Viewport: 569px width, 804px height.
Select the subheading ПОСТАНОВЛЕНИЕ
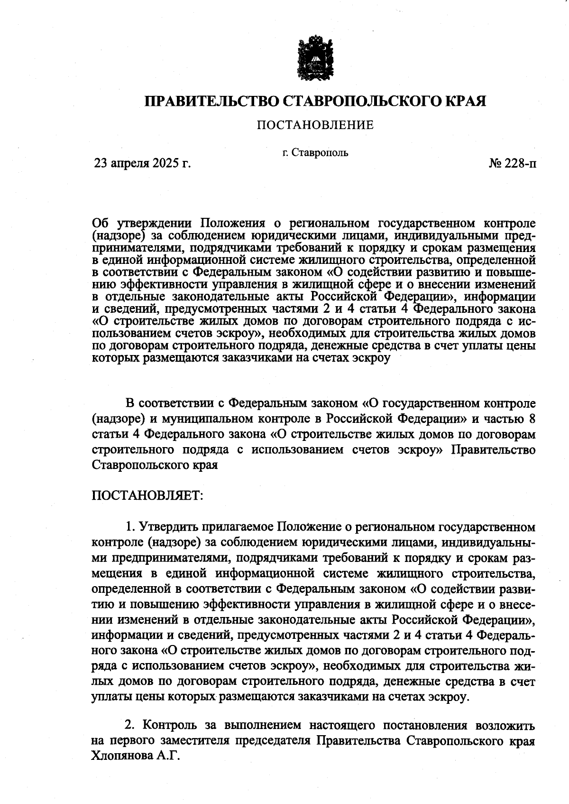click(x=315, y=125)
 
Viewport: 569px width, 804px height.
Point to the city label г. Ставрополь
click(x=315, y=153)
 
